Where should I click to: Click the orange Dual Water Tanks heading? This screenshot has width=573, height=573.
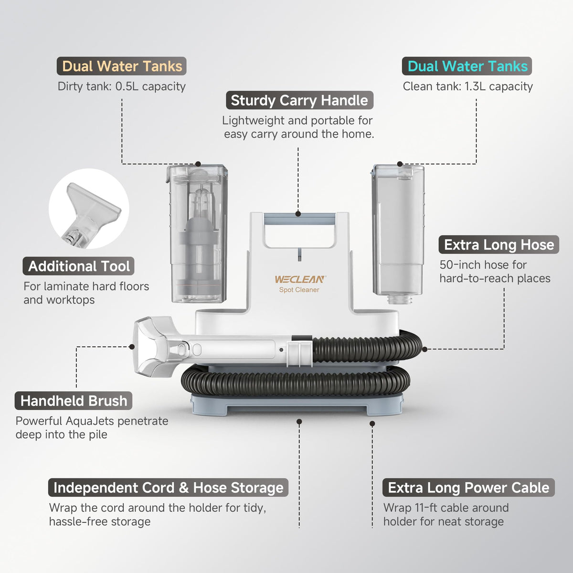122,66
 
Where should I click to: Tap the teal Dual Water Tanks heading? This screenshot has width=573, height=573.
467,66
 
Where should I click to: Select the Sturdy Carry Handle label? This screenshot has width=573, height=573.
299,100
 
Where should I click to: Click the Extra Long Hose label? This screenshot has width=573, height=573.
499,245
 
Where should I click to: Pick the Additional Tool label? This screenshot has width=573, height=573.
78,266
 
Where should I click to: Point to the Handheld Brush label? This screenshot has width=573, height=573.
74,401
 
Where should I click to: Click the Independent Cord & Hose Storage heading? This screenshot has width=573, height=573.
168,488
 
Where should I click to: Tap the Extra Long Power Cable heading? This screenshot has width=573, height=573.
468,488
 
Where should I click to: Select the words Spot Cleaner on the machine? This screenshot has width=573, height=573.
299,290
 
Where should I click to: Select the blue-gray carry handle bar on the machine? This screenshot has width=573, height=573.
299,220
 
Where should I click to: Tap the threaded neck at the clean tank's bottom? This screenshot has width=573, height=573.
400,299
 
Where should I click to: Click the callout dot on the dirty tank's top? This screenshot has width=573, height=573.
198,164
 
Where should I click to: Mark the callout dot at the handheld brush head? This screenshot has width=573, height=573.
132,347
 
